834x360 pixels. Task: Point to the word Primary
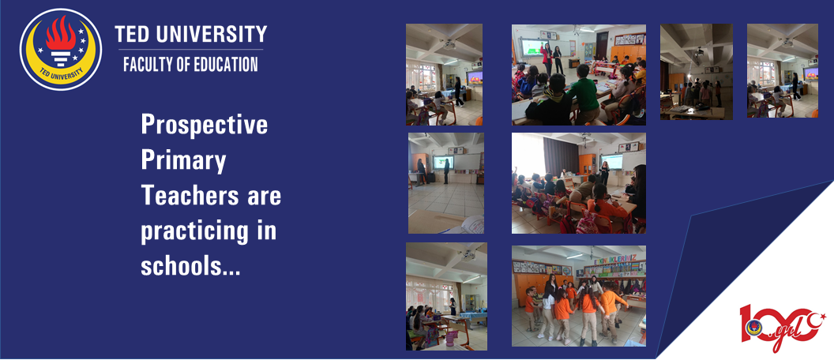pos(183,160)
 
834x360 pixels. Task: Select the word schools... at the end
pos(190,266)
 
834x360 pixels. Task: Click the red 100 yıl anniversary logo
pos(781,327)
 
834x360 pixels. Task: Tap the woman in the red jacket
pos(547,58)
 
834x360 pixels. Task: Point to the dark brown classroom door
pos(602,45)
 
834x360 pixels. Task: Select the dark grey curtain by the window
pos(560,157)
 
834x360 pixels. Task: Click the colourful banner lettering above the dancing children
pos(615,257)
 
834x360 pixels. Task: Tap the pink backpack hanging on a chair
pos(586,223)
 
